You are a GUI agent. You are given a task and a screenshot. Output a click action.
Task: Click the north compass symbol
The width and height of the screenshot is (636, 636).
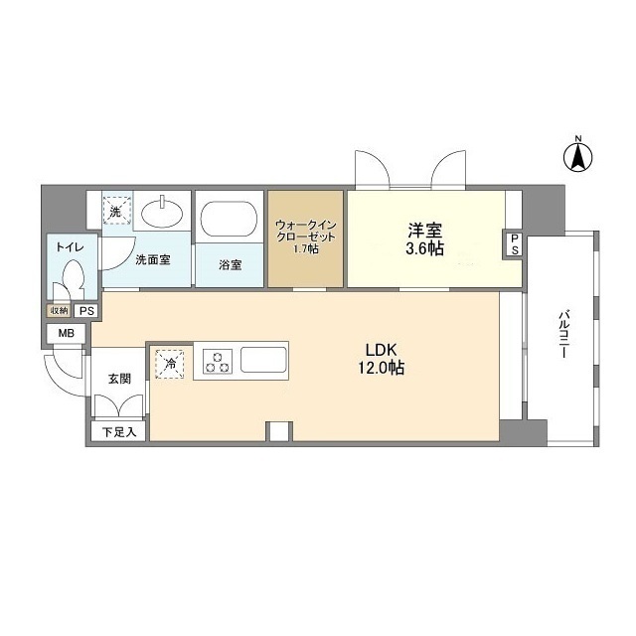coord(577,155)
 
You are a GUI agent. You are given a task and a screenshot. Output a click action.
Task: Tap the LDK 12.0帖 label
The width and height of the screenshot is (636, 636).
coord(383,359)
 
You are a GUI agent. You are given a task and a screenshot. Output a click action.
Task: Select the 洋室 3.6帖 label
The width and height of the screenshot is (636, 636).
coord(425,239)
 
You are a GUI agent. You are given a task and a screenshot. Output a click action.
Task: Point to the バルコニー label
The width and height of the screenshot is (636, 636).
coord(562,338)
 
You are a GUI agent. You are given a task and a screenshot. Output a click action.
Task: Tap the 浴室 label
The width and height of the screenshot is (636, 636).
coord(230,265)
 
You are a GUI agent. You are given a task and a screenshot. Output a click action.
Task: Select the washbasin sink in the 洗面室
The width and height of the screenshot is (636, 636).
coord(160,213)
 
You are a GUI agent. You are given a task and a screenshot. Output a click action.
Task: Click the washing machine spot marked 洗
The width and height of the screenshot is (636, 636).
coord(115,212)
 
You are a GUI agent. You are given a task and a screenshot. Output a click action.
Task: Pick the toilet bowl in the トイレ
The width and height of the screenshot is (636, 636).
coord(72,276)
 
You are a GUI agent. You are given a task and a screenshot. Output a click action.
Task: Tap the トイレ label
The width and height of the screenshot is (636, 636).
coord(69,245)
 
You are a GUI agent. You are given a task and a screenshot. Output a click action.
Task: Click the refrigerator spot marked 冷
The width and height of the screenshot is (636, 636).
coord(170,364)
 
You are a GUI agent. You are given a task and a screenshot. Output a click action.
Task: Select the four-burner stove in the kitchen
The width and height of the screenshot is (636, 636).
coord(219,360)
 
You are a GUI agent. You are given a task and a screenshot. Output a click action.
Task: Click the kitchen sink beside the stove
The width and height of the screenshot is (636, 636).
coord(263,359)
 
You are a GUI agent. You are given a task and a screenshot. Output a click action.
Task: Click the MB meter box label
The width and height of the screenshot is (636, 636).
coord(65,334)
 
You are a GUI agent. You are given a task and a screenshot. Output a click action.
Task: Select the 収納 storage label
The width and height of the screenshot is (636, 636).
coord(59,311)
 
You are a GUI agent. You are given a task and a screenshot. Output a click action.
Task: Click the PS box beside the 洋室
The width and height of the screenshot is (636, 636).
coord(514,244)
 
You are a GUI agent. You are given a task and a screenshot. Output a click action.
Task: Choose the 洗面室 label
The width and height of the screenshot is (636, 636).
coord(153,259)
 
